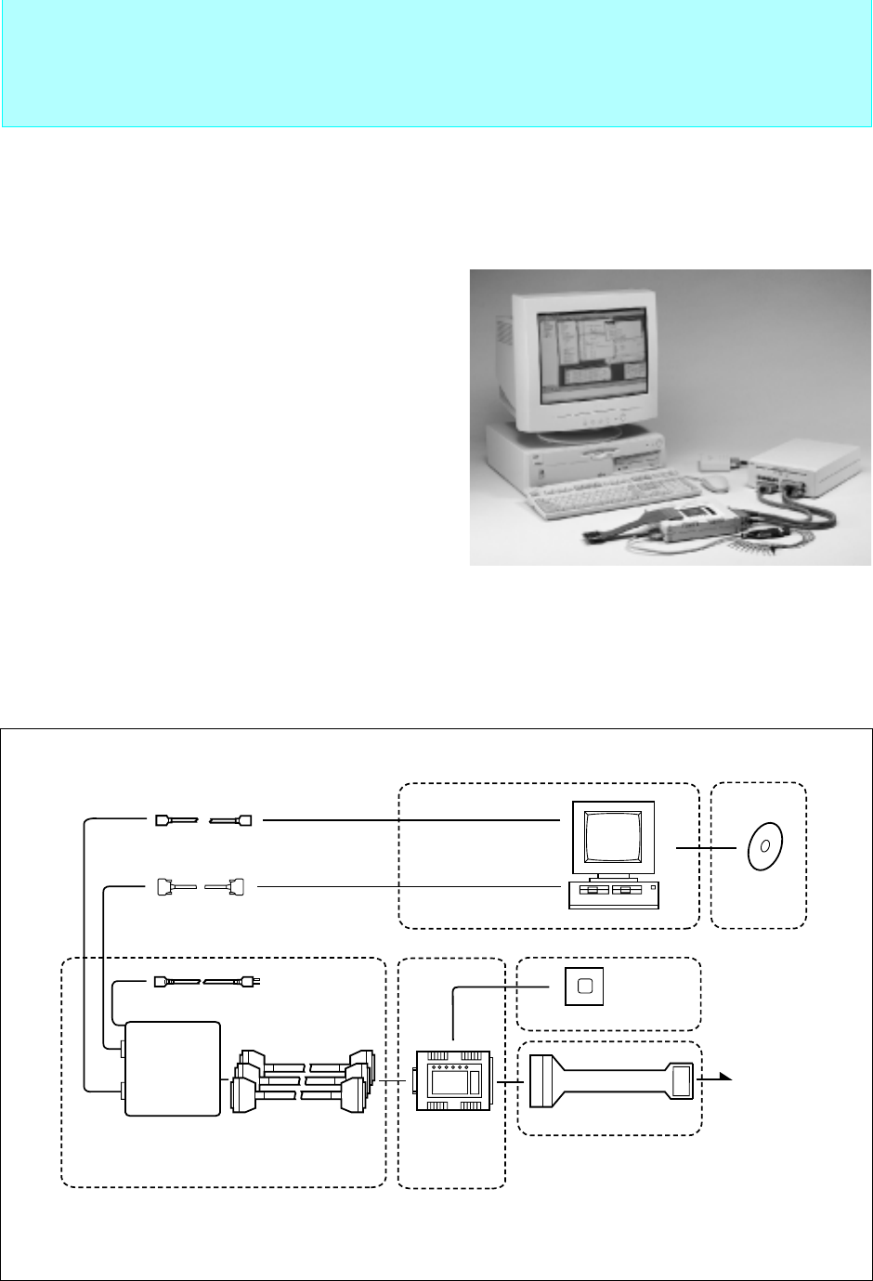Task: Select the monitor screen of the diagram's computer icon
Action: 612,840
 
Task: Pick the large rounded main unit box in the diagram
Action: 174,1067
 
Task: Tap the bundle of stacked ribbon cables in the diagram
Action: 306,1079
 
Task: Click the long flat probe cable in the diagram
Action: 612,1082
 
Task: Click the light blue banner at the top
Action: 436,63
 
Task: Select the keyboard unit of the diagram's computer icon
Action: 612,895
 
